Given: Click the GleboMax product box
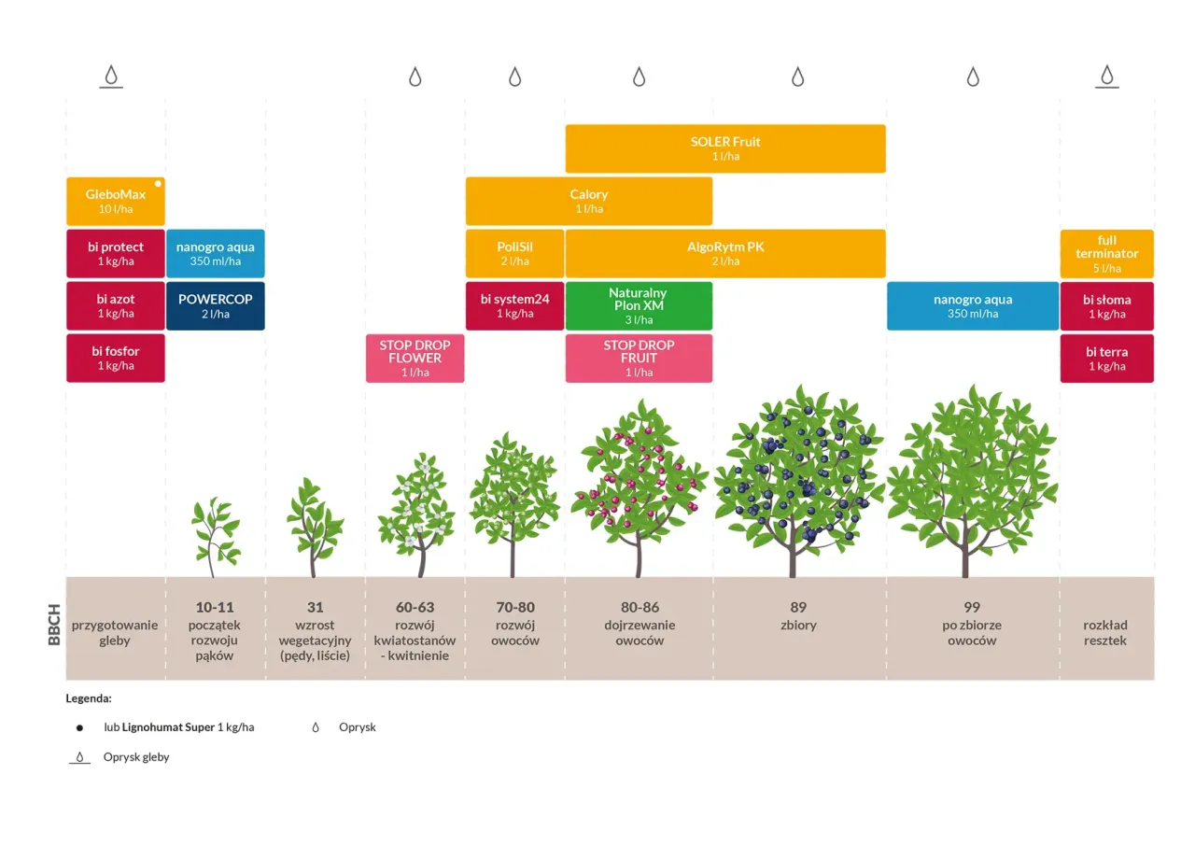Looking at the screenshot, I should coord(115,202).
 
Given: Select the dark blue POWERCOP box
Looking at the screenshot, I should coord(215,306).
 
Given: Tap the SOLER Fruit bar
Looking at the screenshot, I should coord(724,148).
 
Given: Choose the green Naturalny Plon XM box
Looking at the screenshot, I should coord(638,306).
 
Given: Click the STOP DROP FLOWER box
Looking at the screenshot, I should coord(415,359).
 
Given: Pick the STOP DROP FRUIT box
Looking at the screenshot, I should coord(638,359).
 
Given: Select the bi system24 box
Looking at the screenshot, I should coord(514,306).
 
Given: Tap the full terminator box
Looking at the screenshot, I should coord(1106,254).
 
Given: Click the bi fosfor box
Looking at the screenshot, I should coord(115,359).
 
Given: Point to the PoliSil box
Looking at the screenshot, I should coord(514,254).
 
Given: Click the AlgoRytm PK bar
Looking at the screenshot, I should coord(724,254).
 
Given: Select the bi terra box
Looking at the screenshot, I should coord(1106,359).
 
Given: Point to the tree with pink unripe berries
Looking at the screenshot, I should coord(639,490).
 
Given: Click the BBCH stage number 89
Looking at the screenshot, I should coord(797,608).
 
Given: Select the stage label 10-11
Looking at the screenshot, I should coord(215,608).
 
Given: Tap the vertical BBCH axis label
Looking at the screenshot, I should coord(54,627).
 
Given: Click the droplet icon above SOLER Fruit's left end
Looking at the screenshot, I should coord(639,77).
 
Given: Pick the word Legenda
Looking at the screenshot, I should coord(89,697).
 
